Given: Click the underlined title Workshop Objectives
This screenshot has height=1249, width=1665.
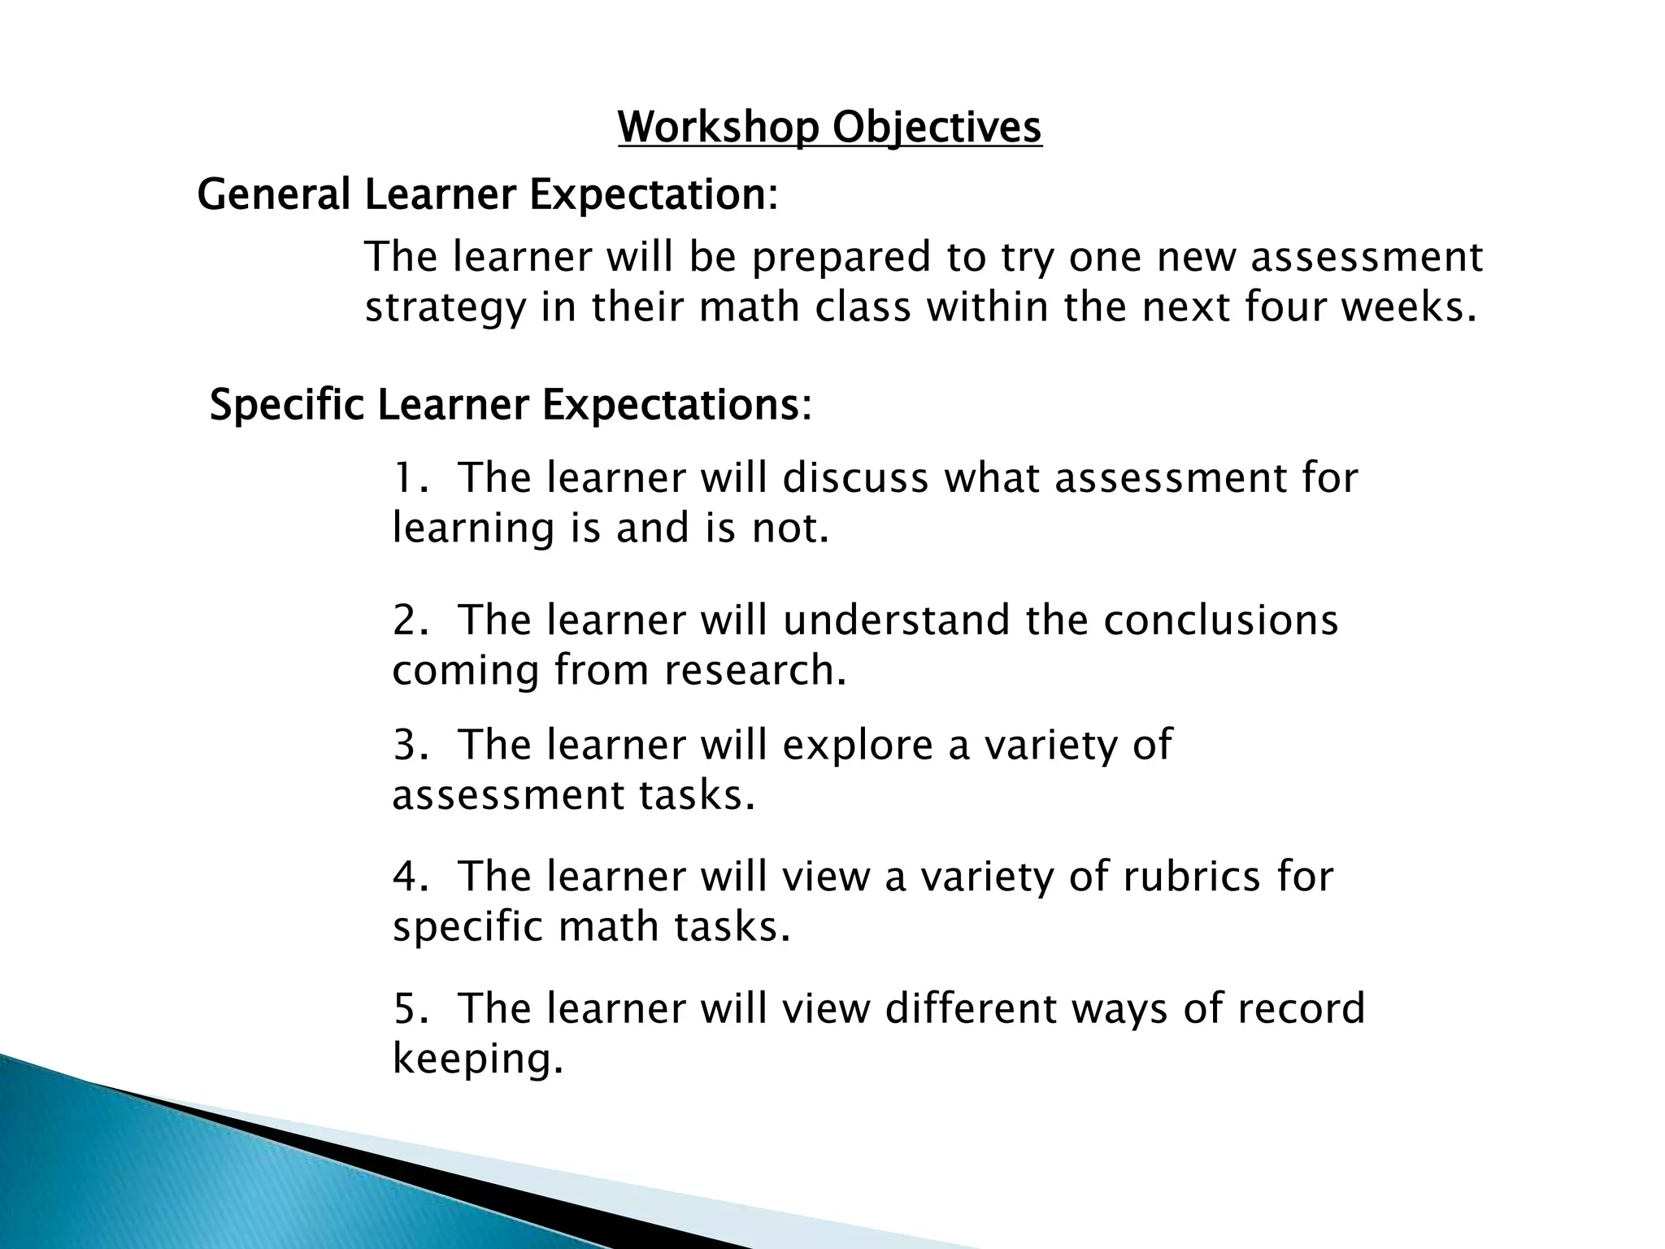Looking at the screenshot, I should (x=829, y=128).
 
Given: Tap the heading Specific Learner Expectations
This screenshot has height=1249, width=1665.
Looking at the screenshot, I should (x=511, y=405).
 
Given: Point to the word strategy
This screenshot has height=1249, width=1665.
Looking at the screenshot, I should (x=445, y=310).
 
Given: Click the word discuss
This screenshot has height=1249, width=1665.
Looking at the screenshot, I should (x=855, y=478).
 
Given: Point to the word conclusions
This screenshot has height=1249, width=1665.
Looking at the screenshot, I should (x=1220, y=621).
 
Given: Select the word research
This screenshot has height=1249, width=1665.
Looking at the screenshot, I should (x=755, y=672).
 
